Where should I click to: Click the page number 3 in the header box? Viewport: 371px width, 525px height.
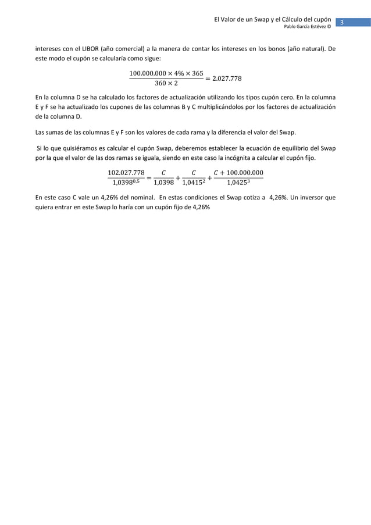[343, 23]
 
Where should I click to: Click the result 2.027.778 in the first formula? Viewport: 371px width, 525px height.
[226, 78]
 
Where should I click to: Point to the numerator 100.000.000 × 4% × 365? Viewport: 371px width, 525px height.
[166, 73]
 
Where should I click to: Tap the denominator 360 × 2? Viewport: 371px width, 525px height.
[166, 84]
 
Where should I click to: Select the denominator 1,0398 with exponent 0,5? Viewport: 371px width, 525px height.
[126, 183]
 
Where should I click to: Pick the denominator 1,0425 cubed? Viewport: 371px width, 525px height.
[239, 183]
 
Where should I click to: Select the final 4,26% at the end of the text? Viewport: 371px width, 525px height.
[199, 208]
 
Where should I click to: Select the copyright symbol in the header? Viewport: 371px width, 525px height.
[329, 27]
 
